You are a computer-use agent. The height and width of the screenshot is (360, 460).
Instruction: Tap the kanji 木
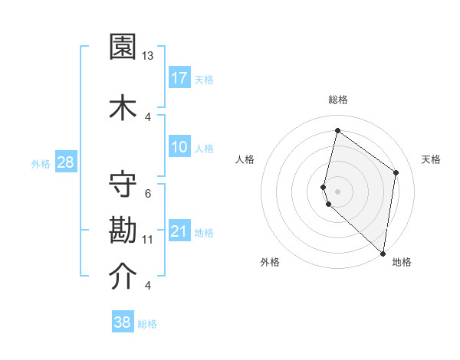123,106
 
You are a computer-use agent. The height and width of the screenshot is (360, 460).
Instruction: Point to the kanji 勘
123,230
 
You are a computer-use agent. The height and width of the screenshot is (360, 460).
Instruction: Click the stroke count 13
148,56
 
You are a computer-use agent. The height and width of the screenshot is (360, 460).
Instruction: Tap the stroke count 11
148,240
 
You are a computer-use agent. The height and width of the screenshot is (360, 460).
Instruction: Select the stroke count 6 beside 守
148,193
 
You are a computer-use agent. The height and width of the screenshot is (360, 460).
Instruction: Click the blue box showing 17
179,77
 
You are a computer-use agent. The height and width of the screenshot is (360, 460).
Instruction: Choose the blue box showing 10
179,147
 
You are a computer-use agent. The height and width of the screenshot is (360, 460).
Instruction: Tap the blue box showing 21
179,231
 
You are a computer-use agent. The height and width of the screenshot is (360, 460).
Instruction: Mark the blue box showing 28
65,162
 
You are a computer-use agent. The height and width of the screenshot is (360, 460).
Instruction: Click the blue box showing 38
123,322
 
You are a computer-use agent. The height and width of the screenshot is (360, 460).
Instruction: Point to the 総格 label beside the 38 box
148,324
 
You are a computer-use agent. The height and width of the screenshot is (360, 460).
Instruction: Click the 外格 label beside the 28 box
41,162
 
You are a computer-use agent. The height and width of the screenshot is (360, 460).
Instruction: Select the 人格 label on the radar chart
245,159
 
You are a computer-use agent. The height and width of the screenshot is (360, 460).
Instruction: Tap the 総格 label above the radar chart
337,100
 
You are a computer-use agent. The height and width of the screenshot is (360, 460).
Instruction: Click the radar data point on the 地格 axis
383,254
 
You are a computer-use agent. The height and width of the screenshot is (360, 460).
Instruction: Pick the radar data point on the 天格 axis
396,172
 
